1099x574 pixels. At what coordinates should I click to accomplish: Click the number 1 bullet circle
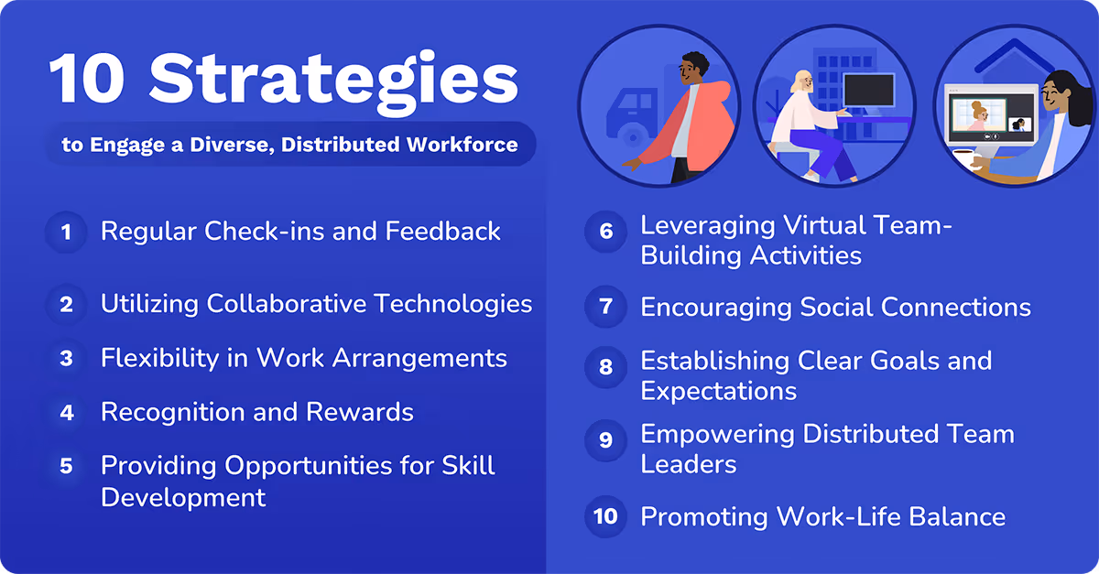[66, 233]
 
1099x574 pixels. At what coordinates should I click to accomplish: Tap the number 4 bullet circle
[66, 413]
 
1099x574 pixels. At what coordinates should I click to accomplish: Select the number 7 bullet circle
[605, 308]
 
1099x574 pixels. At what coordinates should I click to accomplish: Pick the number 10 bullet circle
[605, 516]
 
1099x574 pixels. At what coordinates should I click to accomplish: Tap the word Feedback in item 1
[443, 232]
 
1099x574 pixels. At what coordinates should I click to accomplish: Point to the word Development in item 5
[183, 497]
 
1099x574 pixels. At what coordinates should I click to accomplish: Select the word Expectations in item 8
[718, 391]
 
